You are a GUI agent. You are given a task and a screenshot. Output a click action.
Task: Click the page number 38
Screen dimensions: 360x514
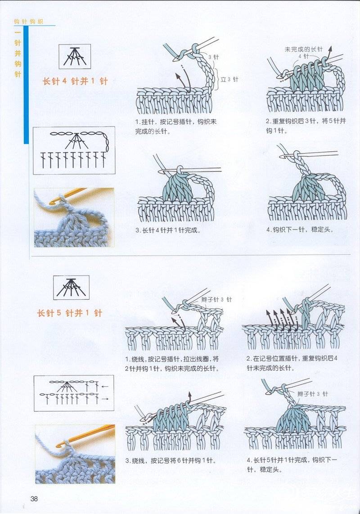(x=34, y=499)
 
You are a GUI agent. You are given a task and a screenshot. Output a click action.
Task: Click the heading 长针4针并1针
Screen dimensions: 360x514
(x=75, y=81)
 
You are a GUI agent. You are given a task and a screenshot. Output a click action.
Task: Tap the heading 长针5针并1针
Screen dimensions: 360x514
(x=70, y=313)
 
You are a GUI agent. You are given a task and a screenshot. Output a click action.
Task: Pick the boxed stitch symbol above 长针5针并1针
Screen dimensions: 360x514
(x=72, y=288)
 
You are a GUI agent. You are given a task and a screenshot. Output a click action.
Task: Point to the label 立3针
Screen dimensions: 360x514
(x=229, y=79)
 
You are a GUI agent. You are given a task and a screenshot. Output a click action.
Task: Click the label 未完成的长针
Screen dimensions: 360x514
(x=304, y=49)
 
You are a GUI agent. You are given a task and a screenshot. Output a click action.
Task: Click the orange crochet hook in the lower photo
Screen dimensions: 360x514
(x=86, y=435)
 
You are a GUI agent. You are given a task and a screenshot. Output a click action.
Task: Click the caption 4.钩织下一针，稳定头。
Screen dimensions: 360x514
(x=300, y=230)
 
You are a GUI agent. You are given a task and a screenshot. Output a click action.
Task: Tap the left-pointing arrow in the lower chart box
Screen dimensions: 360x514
(x=104, y=387)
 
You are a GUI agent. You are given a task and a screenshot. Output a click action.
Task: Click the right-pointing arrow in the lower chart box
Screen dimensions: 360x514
(x=105, y=399)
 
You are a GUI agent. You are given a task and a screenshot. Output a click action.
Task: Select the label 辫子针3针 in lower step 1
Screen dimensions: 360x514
(x=216, y=300)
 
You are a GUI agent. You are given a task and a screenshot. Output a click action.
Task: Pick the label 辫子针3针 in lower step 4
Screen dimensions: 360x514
(x=312, y=394)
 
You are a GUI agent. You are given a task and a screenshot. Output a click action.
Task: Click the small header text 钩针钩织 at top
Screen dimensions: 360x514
(x=29, y=22)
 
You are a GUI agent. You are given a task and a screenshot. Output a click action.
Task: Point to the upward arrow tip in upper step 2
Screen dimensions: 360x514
(x=330, y=48)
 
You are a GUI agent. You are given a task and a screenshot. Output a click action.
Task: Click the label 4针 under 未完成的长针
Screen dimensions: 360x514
(x=304, y=56)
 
